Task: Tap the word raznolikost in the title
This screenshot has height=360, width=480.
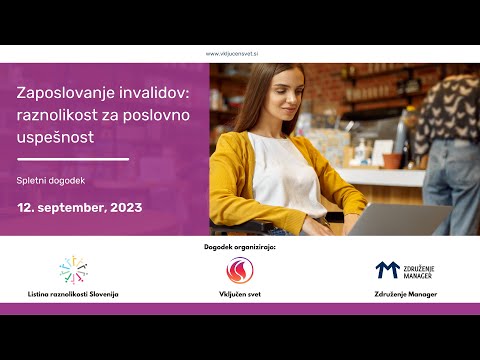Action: pos(58,115)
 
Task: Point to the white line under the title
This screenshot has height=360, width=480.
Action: pos(73,159)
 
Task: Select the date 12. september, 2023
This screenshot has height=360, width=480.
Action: pos(79,208)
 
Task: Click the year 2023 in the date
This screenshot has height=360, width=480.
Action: pos(125,208)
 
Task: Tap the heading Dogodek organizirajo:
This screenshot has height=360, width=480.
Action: pos(239,246)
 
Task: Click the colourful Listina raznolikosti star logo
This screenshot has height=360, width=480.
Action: pos(73,270)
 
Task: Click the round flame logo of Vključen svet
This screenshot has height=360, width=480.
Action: pos(239,270)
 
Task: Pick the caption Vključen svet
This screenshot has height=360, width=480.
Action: pos(239,295)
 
